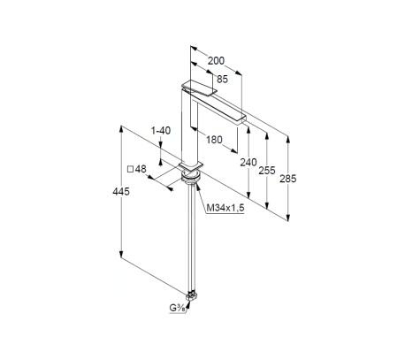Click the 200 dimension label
[x=216, y=61]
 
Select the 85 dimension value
[x=223, y=80]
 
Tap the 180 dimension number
[x=214, y=140]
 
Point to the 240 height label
[x=248, y=162]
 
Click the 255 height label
[x=267, y=171]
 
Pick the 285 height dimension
[x=288, y=179]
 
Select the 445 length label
[x=121, y=192]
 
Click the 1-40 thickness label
[x=161, y=131]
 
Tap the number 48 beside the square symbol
[x=141, y=169]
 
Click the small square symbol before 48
[x=130, y=170]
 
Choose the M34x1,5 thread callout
[x=225, y=208]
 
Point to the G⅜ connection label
[x=177, y=309]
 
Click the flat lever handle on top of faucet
[x=199, y=88]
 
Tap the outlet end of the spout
[x=241, y=118]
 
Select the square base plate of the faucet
[x=191, y=165]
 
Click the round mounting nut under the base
[x=191, y=177]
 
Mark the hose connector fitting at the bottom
[x=192, y=295]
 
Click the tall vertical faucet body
[x=187, y=126]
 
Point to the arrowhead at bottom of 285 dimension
[x=288, y=218]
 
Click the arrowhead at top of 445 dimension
[x=121, y=129]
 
